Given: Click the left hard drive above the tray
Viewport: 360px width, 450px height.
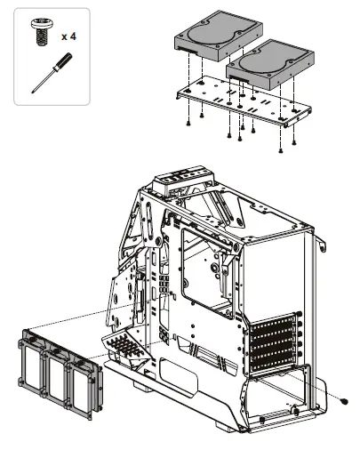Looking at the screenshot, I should (x=212, y=38).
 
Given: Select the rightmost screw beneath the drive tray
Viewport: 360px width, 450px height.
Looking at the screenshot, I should (x=293, y=142).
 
